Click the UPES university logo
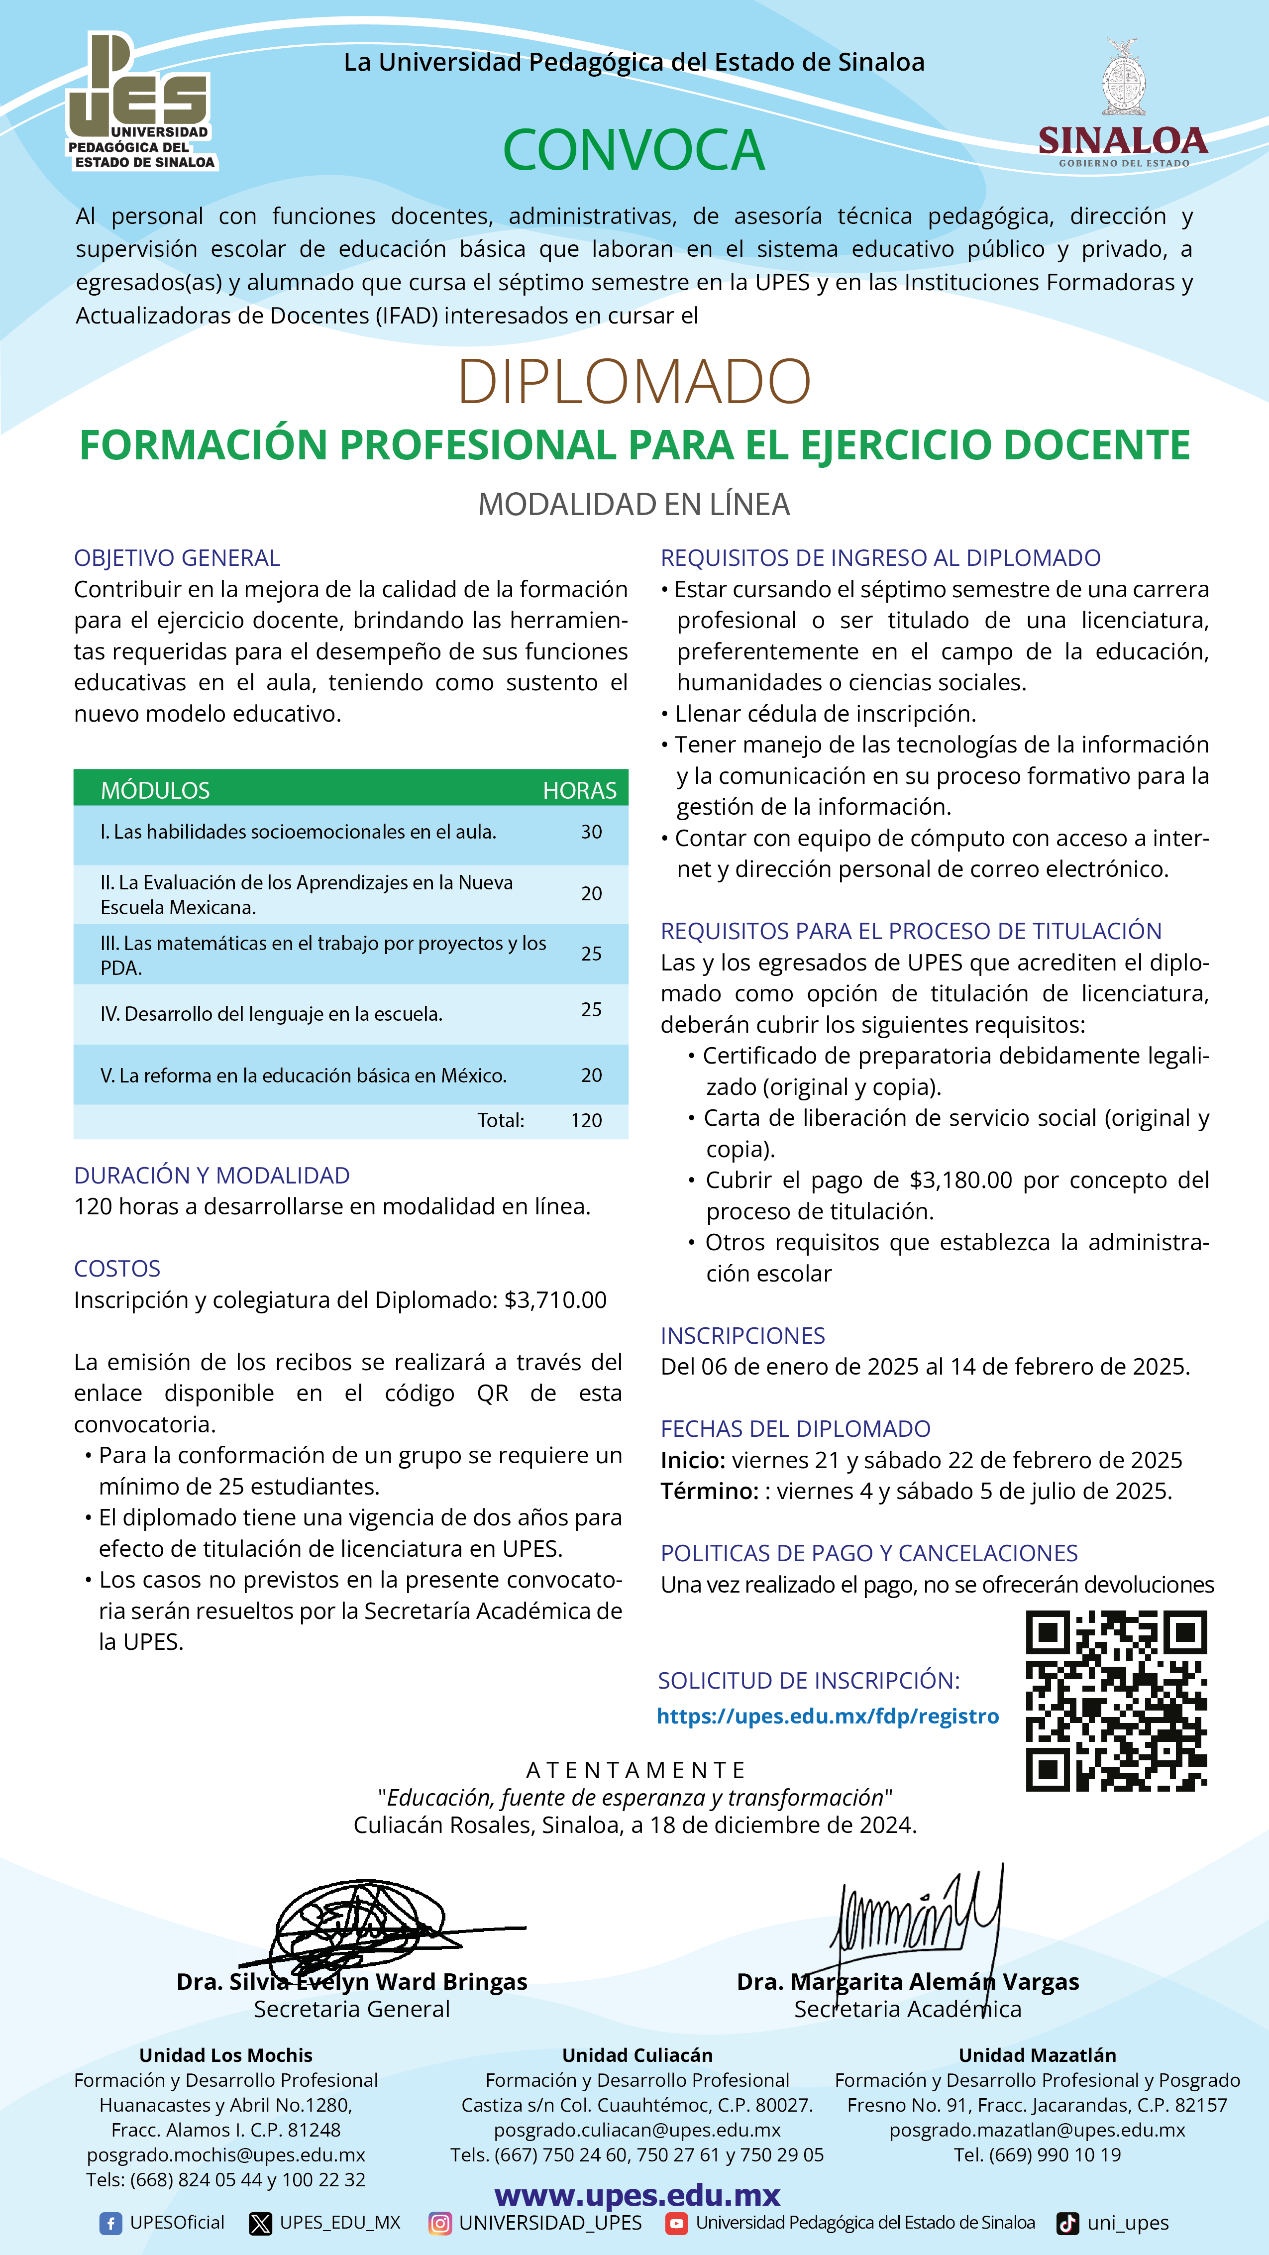(x=140, y=101)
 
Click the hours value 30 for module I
(x=592, y=832)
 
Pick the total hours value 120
(x=586, y=1120)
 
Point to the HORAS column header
(x=579, y=790)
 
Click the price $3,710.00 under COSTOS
(x=556, y=1300)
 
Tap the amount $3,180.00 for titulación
(x=961, y=1180)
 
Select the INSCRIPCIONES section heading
(x=742, y=1336)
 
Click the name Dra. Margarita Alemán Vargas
(x=908, y=1982)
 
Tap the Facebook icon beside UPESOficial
(x=110, y=2224)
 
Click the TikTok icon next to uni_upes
(x=1067, y=2224)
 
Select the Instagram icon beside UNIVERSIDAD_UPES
(x=440, y=2224)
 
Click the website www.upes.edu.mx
(x=637, y=2195)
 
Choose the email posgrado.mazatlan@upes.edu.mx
(x=1037, y=2130)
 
